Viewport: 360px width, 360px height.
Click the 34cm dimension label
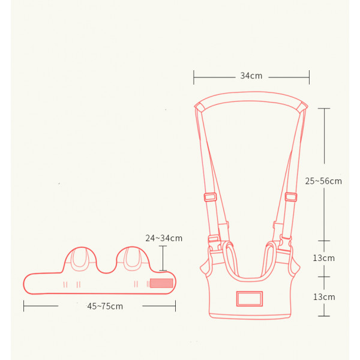tap(251, 76)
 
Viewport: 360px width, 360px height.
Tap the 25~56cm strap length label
tap(323, 181)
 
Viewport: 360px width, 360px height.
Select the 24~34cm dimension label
tap(164, 238)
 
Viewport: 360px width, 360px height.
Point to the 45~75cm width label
tap(105, 306)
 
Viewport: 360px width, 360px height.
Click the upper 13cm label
tap(324, 258)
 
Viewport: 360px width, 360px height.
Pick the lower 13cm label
tap(324, 297)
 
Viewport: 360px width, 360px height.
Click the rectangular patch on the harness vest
tap(250, 299)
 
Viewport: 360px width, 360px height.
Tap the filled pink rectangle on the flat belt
tap(161, 283)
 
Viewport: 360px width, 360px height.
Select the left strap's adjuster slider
tap(211, 197)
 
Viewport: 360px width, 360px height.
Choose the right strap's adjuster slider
tap(291, 197)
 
